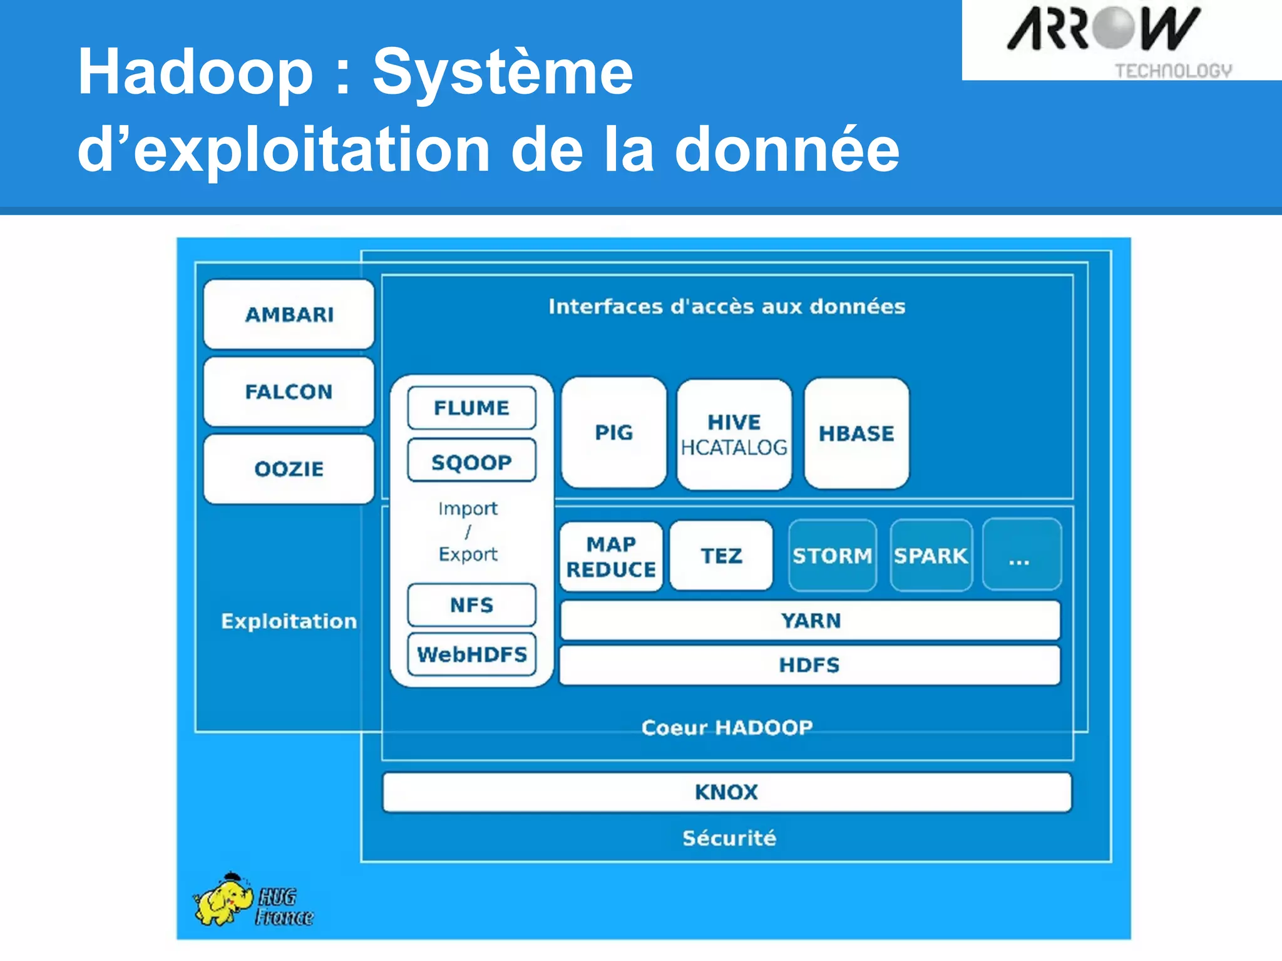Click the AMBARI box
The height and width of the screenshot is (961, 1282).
(289, 314)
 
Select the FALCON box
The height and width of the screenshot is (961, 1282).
(289, 392)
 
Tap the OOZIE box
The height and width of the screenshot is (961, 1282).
(289, 469)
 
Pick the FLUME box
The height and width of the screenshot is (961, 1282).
(471, 408)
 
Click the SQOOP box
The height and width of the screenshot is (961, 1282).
(471, 462)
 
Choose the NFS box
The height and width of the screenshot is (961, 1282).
(471, 605)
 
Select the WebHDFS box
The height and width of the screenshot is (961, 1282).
(471, 654)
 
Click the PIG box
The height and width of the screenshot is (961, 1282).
(613, 432)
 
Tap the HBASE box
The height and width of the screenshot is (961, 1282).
(856, 433)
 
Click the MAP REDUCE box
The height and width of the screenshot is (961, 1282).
(611, 556)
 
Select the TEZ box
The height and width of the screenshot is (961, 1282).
(721, 556)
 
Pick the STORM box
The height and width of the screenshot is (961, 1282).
(832, 556)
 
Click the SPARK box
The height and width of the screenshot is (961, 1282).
(931, 556)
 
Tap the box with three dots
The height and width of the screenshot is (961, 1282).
(1021, 556)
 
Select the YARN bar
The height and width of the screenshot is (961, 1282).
(810, 621)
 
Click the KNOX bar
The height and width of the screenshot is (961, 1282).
(726, 792)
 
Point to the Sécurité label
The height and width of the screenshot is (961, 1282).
(729, 838)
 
